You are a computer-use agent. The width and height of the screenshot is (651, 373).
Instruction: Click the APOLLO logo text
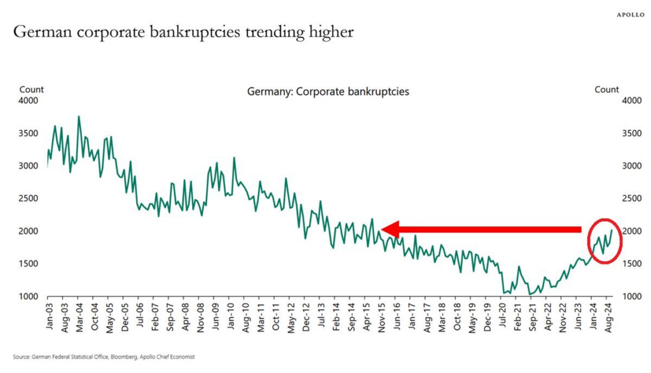coord(630,13)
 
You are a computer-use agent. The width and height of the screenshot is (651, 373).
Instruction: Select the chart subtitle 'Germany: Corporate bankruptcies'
coord(328,92)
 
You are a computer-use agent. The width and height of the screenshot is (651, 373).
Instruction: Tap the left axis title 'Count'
coord(32,90)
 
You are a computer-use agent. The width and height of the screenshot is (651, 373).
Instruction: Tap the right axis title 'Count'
coord(606,90)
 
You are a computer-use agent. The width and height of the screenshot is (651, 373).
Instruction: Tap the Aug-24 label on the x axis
coord(608,316)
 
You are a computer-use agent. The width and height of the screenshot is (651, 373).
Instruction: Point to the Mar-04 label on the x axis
coord(79,316)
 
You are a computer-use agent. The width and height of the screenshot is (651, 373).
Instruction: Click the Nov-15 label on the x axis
coord(381,316)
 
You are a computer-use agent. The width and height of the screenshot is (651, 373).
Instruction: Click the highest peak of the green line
coord(79,116)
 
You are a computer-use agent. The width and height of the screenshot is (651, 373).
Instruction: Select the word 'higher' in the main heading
coord(330,31)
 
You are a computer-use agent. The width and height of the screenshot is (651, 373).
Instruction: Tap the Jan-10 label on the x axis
coord(231,316)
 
